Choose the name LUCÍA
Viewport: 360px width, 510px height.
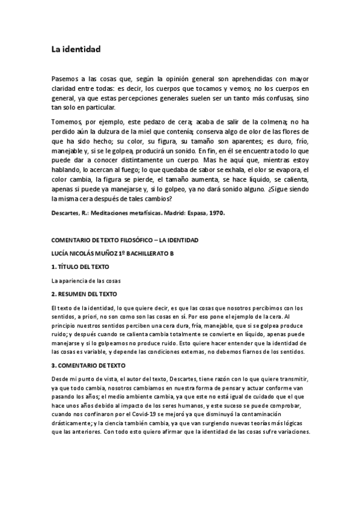click(x=62, y=253)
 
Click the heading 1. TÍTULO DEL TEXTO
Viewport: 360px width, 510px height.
click(x=82, y=266)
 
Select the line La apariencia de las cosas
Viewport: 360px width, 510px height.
click(x=85, y=280)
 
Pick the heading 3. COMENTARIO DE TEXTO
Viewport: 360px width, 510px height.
click(x=90, y=364)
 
